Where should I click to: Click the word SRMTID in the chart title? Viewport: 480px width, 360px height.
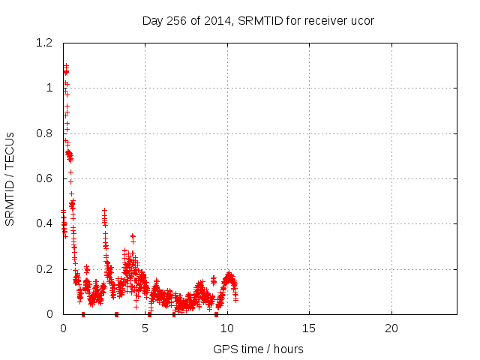tap(259, 20)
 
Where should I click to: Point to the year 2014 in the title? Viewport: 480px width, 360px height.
tap(219, 20)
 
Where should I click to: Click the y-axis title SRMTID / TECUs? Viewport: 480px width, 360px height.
tap(10, 178)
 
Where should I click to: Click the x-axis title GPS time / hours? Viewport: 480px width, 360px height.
tap(259, 349)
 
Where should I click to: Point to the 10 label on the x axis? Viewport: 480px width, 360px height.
tap(227, 328)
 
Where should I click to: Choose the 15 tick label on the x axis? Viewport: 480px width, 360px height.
tap(309, 328)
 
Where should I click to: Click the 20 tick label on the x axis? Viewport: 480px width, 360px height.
tap(391, 328)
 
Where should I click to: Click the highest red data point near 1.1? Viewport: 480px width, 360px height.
tap(66, 66)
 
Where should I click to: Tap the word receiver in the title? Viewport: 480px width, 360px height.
tap(325, 20)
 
